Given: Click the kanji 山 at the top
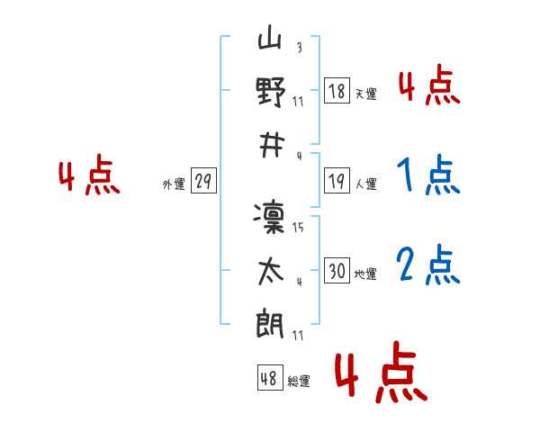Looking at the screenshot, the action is pyautogui.click(x=270, y=37).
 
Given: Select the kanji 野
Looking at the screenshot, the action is pyautogui.click(x=271, y=92).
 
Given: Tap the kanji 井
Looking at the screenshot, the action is pyautogui.click(x=272, y=146).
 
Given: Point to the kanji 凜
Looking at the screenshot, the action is pyautogui.click(x=269, y=218).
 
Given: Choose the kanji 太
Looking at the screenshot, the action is pyautogui.click(x=271, y=272).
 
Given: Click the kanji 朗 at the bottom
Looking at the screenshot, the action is pyautogui.click(x=270, y=323).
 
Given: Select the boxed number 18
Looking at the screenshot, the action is pyautogui.click(x=337, y=91).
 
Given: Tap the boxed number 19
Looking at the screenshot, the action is pyautogui.click(x=337, y=181).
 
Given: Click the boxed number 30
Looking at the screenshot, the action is pyautogui.click(x=337, y=270).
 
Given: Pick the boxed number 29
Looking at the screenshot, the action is pyautogui.click(x=203, y=181).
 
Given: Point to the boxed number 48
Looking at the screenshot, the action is pyautogui.click(x=270, y=377).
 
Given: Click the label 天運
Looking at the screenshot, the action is pyautogui.click(x=366, y=94).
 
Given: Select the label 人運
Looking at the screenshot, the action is pyautogui.click(x=366, y=184).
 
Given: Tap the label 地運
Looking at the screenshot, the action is pyautogui.click(x=365, y=274).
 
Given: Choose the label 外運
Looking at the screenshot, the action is pyautogui.click(x=174, y=184).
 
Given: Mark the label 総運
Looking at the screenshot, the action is pyautogui.click(x=299, y=381).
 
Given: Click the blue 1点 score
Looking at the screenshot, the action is pyautogui.click(x=428, y=175).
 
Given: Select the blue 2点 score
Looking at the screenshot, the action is pyautogui.click(x=428, y=265).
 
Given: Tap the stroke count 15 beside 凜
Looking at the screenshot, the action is pyautogui.click(x=298, y=227).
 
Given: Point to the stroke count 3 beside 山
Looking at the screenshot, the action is pyautogui.click(x=300, y=47).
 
